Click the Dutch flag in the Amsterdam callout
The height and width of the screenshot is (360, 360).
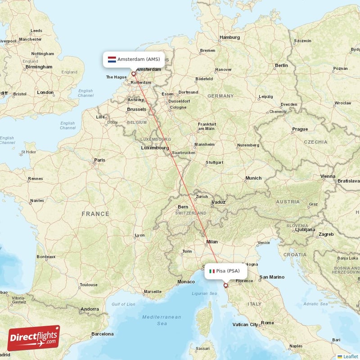point(112,59)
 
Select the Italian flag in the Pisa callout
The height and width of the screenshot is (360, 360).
point(212,271)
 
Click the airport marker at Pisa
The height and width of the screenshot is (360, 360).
point(226,285)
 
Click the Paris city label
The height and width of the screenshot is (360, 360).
point(99,160)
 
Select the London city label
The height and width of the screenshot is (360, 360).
point(45,92)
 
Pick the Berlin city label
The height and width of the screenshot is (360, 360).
point(281,65)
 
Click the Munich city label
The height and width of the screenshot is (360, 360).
point(253,178)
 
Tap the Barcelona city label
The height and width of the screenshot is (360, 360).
point(102,334)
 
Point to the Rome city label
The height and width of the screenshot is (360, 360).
point(267,323)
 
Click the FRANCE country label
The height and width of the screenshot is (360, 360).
point(95,214)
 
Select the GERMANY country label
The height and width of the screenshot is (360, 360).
point(220,96)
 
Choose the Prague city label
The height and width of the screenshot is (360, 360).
point(300,129)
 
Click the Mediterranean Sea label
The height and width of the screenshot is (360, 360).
point(162,320)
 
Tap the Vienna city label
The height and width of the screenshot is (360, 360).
point(328,176)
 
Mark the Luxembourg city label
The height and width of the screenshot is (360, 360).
point(154,148)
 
